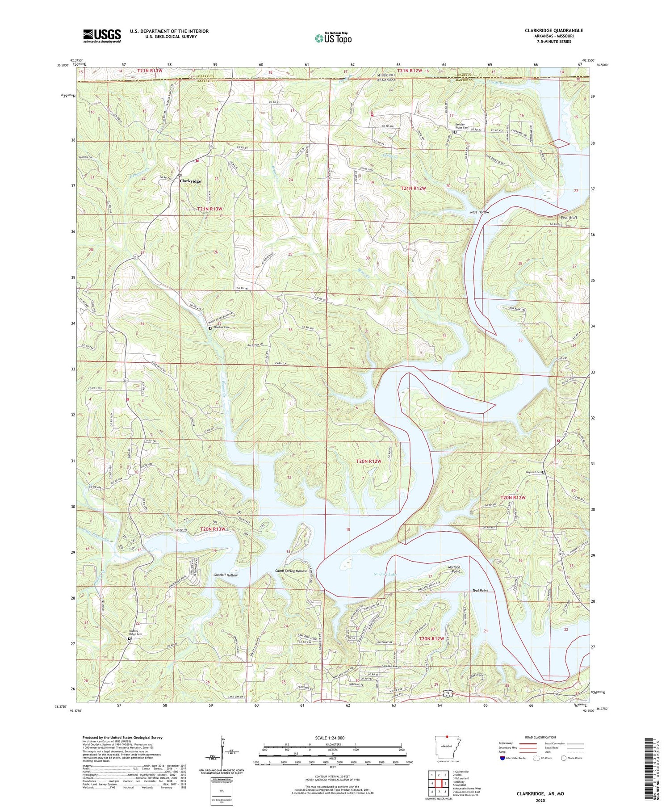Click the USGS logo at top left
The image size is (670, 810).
point(102,36)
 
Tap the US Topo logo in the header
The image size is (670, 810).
point(333,38)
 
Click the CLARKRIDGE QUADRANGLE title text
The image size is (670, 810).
point(548,30)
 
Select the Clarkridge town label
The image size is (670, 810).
point(190,181)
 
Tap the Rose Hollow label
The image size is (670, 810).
point(479,212)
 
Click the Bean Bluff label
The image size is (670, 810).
point(569,217)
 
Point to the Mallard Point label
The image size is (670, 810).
point(453,569)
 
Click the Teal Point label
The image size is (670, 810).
point(480,591)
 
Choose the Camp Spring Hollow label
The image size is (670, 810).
point(291,571)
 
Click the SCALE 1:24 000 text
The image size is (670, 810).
point(332,738)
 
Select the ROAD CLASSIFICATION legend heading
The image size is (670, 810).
point(540,737)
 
